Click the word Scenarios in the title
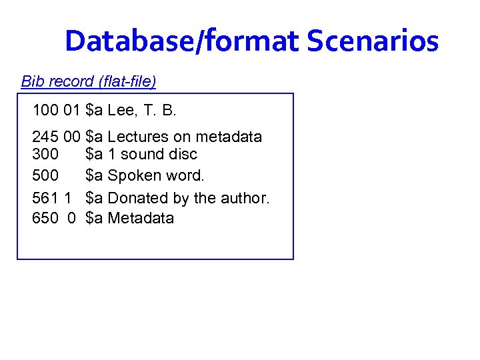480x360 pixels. click(x=372, y=41)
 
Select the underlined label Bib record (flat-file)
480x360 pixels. click(x=89, y=82)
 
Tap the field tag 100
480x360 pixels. click(x=45, y=110)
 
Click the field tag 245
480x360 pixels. click(x=45, y=137)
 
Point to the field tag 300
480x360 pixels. click(x=45, y=155)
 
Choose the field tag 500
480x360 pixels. click(x=45, y=176)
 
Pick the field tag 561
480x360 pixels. click(x=45, y=198)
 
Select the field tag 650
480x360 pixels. click(x=45, y=219)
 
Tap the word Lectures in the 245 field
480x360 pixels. click(x=139, y=137)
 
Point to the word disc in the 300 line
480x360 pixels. click(x=181, y=155)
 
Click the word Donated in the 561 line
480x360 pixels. click(x=137, y=198)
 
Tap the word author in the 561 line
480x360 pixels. click(x=245, y=198)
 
